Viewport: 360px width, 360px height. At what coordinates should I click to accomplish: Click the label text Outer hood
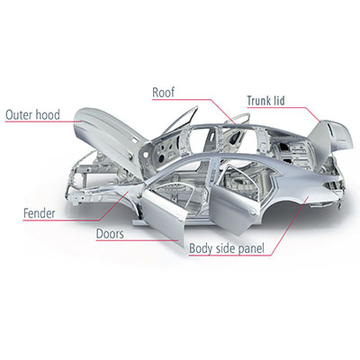(32, 115)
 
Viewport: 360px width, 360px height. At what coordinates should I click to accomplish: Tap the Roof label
(163, 93)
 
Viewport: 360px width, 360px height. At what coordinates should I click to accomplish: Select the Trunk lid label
(265, 101)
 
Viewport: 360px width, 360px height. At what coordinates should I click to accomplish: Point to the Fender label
(40, 213)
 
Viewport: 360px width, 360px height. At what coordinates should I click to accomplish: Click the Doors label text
(110, 234)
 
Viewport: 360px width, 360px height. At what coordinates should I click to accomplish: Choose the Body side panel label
(227, 248)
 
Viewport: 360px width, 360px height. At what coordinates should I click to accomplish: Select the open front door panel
(164, 214)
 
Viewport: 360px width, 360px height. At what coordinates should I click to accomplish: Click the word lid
(279, 101)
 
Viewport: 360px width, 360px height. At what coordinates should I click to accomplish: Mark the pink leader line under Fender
(60, 220)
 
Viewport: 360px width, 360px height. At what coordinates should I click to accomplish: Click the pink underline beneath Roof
(181, 99)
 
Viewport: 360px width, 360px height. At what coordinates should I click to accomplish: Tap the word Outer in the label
(19, 115)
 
